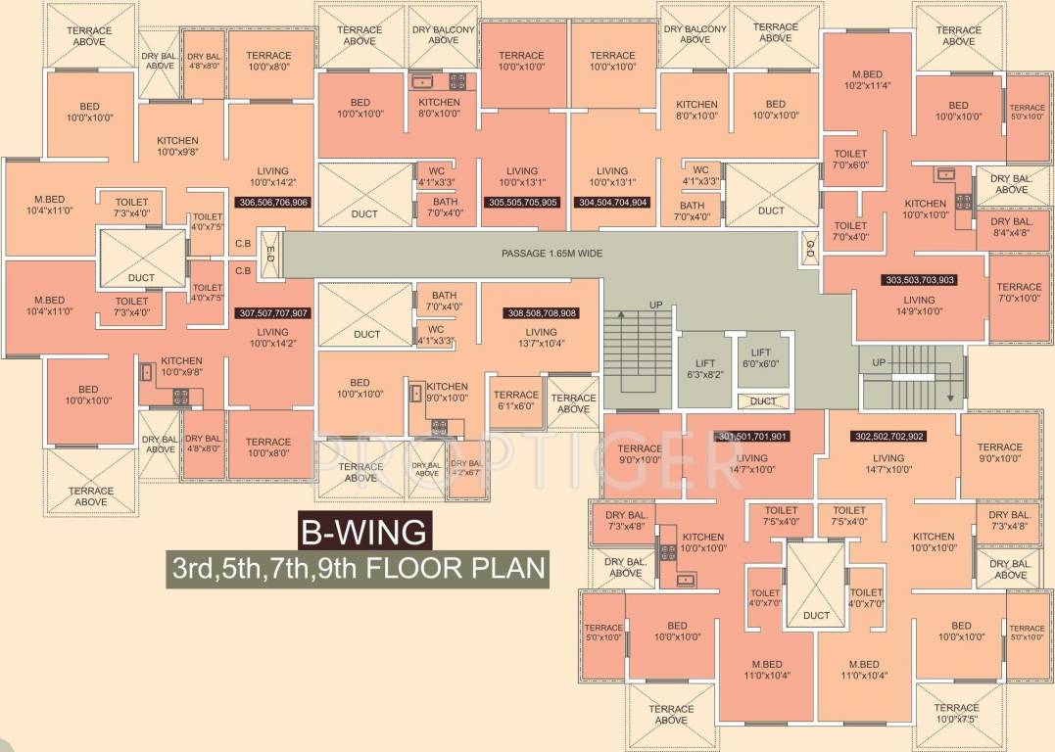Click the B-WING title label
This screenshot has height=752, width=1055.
[362, 533]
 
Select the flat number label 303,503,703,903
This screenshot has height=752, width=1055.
[920, 280]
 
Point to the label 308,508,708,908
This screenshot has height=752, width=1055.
[541, 314]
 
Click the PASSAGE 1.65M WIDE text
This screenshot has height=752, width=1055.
[552, 254]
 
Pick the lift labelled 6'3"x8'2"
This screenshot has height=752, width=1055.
[704, 368]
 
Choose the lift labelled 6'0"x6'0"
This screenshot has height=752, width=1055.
[761, 357]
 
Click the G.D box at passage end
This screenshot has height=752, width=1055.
[809, 246]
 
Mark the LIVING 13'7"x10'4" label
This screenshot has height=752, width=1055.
[541, 337]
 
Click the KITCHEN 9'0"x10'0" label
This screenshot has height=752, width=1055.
[447, 392]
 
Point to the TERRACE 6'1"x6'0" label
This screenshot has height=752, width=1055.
[516, 400]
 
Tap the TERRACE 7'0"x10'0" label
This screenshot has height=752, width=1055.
[1019, 293]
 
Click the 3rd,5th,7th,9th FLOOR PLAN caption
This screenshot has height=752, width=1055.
[356, 568]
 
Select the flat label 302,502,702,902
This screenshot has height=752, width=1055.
[888, 437]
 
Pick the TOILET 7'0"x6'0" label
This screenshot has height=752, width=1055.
[851, 159]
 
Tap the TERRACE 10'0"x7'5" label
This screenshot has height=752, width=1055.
[956, 714]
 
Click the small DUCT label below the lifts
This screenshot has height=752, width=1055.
[763, 400]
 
